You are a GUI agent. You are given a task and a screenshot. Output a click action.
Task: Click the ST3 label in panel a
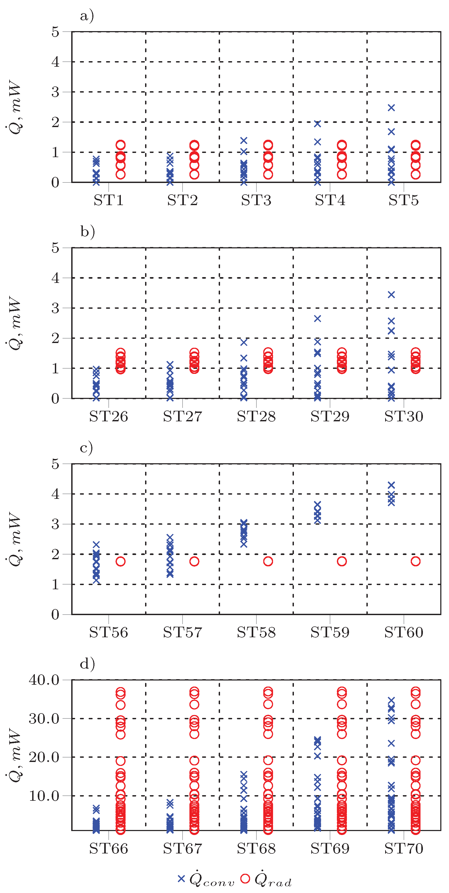click(x=256, y=200)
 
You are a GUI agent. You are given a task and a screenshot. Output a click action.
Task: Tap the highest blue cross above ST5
click(x=391, y=108)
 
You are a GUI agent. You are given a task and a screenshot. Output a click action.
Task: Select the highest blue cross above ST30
click(x=391, y=295)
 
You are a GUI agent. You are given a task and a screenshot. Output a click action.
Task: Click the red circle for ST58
click(x=268, y=561)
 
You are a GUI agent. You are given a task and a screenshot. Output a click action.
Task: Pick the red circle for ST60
click(x=415, y=561)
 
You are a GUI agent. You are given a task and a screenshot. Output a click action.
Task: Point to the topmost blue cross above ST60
click(x=391, y=485)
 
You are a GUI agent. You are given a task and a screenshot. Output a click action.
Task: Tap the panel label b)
click(x=87, y=231)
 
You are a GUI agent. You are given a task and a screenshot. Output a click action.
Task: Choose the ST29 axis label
click(x=330, y=416)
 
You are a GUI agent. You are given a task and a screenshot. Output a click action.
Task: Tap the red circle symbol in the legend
click(x=245, y=878)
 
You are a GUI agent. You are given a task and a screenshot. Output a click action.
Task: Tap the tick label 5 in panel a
click(x=55, y=32)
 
